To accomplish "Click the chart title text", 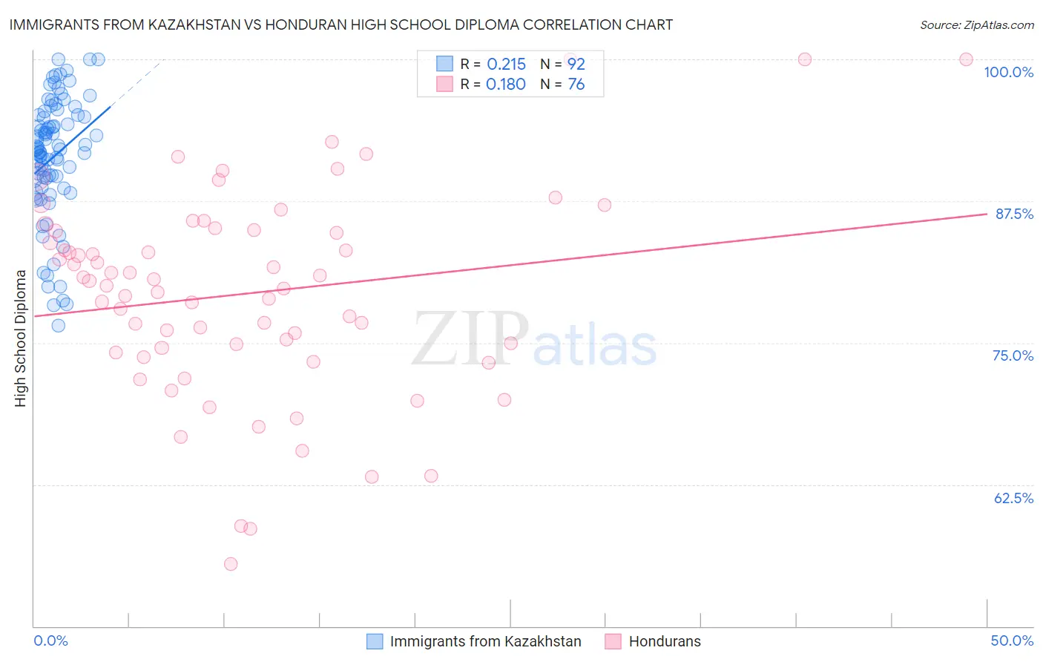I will (x=341, y=24).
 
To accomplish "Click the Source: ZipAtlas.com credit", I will (x=976, y=25).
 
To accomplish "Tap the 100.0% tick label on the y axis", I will (x=1008, y=72).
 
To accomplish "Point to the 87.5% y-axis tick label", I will (x=1014, y=214).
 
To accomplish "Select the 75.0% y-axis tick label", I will (x=1013, y=355).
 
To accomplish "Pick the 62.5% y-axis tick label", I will (x=1013, y=498).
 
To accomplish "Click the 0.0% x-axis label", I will (x=50, y=640).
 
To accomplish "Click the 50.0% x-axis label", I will (x=1012, y=640).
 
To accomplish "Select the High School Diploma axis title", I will (x=21, y=338).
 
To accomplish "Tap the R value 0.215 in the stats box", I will (x=506, y=65).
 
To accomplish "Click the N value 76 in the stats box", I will (x=576, y=85).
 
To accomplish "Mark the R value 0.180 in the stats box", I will (x=506, y=85).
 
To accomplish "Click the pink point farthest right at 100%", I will (x=966, y=59).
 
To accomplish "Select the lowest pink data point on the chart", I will (x=231, y=564).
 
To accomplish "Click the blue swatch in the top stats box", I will (x=444, y=64).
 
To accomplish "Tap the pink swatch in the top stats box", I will (x=444, y=84).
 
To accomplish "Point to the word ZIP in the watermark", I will (x=470, y=339).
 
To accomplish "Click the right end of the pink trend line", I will (x=986, y=214).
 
